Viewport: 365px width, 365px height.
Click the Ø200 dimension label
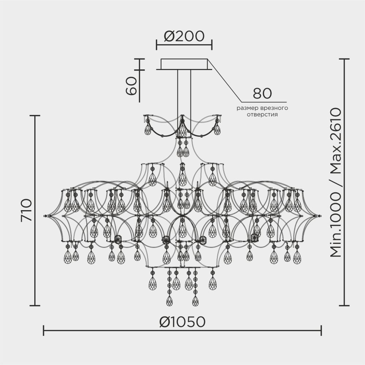coord(184,36)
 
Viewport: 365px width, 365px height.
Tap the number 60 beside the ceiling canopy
coord(132,86)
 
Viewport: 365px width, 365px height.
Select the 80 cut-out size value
coord(262,93)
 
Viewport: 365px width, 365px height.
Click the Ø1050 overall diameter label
coord(183,322)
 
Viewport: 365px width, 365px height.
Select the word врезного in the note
coord(273,108)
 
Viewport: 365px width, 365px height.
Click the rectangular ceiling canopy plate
coord(184,64)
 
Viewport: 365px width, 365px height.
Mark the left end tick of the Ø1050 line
coord(43,331)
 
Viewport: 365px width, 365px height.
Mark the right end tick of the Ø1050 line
coord(321,331)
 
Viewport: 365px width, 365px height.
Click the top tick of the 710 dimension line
coord(35,115)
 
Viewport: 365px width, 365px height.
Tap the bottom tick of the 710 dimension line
coord(35,306)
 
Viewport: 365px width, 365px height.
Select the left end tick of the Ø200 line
coord(156,45)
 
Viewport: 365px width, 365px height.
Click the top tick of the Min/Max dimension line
coord(345,59)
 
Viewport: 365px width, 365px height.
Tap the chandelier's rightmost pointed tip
coord(321,216)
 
